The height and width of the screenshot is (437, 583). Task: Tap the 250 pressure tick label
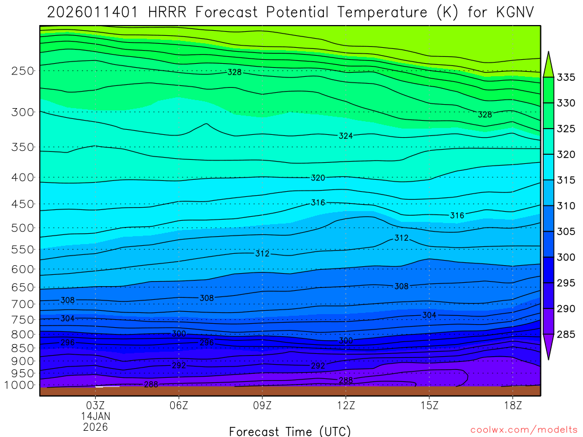23,71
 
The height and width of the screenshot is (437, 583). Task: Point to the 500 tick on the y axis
23,228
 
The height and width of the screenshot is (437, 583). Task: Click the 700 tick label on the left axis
23,304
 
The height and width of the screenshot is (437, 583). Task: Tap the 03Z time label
95,405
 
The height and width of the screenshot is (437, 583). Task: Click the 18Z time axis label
513,405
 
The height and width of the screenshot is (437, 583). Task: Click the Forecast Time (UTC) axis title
290,431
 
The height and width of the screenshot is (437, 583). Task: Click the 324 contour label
346,136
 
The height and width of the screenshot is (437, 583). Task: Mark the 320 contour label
318,178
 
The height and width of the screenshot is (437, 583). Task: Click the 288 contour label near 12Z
346,380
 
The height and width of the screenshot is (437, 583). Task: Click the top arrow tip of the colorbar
549,53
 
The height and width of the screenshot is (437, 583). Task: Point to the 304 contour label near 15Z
429,315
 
